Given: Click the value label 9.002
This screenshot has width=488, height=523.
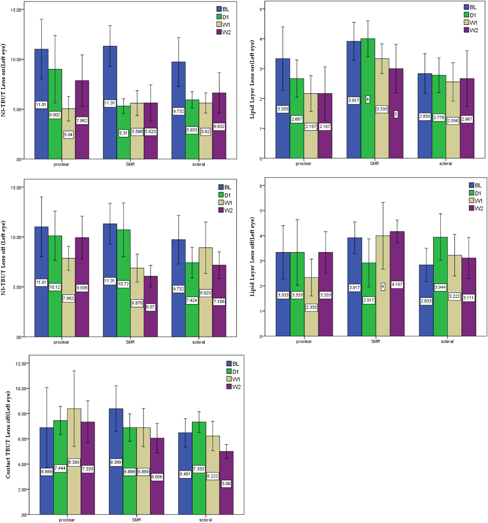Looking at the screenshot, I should coord(55,115).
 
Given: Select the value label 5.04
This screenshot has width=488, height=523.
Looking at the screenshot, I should coord(68,135).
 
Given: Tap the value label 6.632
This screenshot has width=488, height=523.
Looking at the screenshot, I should coord(219,126).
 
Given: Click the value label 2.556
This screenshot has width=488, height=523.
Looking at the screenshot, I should coord(453,121).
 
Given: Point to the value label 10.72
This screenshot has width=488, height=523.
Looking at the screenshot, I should coord(123,284).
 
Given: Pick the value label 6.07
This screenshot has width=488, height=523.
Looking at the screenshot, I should coord(150,307).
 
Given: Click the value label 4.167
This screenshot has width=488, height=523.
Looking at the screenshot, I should coord(397,284).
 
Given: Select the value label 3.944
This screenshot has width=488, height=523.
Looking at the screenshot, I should coord(440,287).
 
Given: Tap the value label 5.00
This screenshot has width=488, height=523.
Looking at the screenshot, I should coord(226,484).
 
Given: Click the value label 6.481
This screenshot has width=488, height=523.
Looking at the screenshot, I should coord(185,474).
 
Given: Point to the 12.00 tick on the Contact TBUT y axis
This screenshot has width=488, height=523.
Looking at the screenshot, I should coord(21,364).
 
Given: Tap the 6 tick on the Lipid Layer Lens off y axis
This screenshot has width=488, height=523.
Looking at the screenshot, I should coord(261,186).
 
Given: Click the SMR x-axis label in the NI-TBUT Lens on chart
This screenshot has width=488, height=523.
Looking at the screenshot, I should coord(130,164).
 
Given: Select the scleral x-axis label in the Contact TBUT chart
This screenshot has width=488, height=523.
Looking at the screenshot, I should coord(206,520).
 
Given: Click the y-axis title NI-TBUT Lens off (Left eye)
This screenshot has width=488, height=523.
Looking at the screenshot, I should coord(3,258).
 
